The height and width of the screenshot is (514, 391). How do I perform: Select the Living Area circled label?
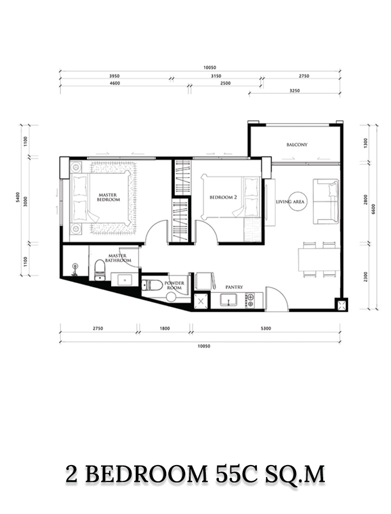click(x=290, y=202)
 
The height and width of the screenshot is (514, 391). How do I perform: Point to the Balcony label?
click(x=297, y=145)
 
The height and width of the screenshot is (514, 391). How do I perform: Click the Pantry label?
click(x=234, y=287)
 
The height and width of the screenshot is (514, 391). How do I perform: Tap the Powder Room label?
click(x=174, y=285)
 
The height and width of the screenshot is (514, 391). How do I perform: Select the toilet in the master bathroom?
click(x=99, y=270)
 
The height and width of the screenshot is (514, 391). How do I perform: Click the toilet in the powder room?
click(x=152, y=285)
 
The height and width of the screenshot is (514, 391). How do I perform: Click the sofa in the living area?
click(x=326, y=201)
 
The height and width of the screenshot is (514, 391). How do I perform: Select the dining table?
click(x=319, y=259)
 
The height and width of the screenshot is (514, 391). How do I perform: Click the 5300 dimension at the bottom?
click(x=267, y=329)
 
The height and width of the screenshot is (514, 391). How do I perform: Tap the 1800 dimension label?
click(x=165, y=329)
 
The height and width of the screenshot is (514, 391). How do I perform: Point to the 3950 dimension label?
click(x=114, y=76)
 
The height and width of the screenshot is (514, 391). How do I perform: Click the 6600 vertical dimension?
click(x=374, y=209)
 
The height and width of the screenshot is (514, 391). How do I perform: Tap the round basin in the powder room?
click(x=171, y=298)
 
